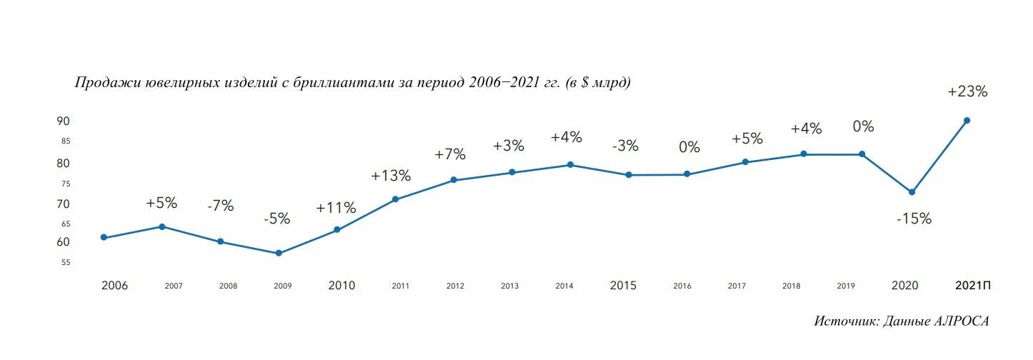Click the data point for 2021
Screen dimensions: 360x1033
coord(967,120)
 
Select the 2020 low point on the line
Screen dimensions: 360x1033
coord(912,192)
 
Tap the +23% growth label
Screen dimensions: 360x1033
coord(967,91)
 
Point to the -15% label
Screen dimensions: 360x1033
coord(914,219)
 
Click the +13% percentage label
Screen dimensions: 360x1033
coord(391,176)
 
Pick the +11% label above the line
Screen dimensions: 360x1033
coord(336,209)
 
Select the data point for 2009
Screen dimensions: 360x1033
coord(279,254)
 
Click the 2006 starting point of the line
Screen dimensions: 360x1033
coord(104,237)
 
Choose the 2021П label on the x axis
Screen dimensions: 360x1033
coord(973,286)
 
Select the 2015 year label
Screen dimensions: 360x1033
coord(623,286)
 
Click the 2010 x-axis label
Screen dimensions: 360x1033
coord(341,286)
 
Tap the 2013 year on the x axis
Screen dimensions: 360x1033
coord(509,286)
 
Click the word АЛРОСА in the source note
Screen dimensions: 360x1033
coord(962,321)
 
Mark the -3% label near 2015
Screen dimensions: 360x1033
coord(625,146)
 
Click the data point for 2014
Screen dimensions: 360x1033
coord(570,165)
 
